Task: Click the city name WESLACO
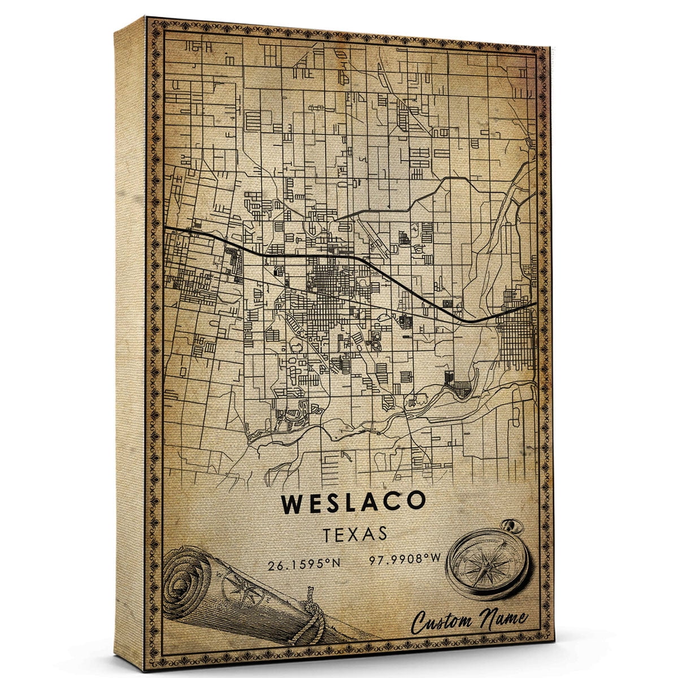click(x=353, y=503)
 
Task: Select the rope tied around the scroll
click(x=311, y=614)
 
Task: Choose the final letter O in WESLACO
click(x=415, y=503)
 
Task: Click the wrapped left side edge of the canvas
click(x=130, y=339)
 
